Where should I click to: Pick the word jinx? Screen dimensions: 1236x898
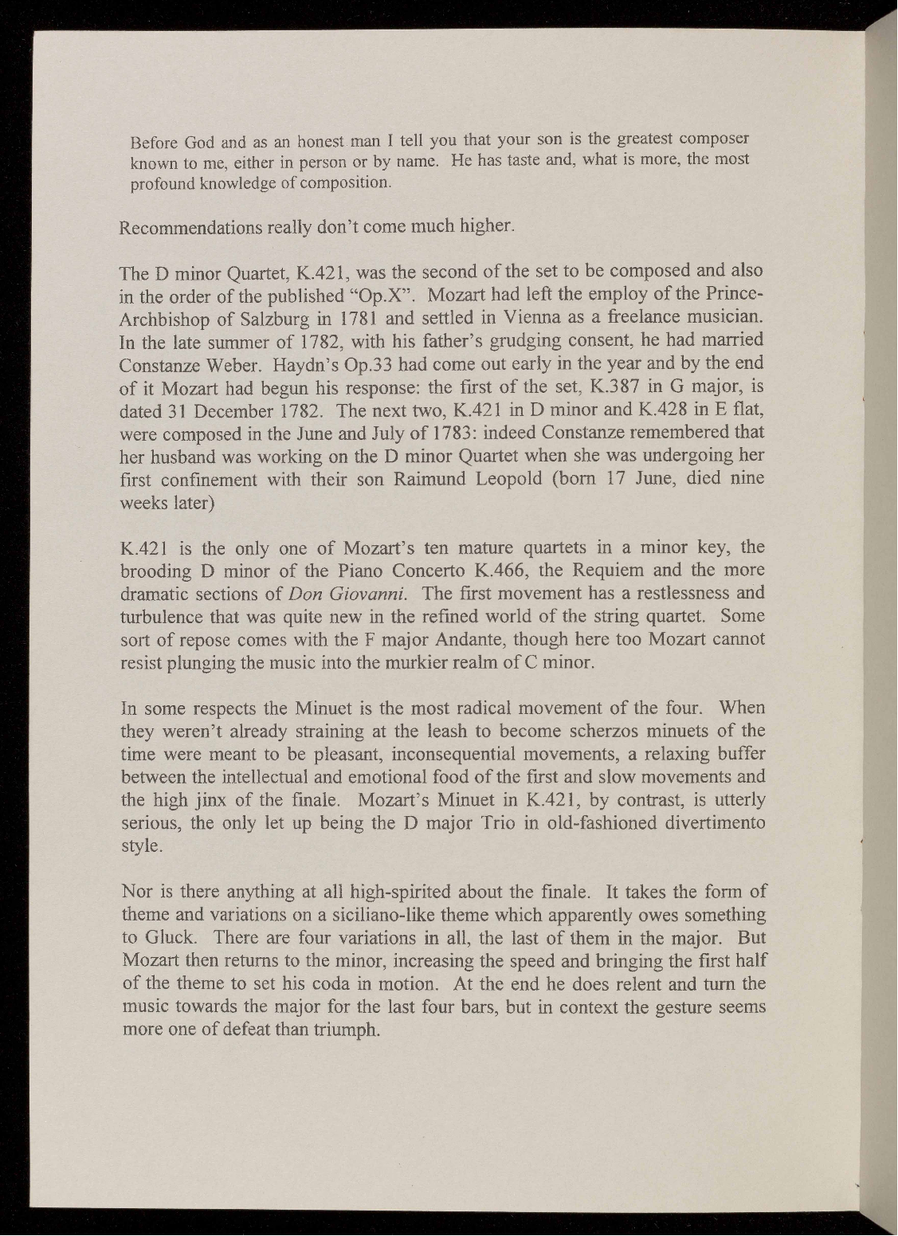tap(210, 800)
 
